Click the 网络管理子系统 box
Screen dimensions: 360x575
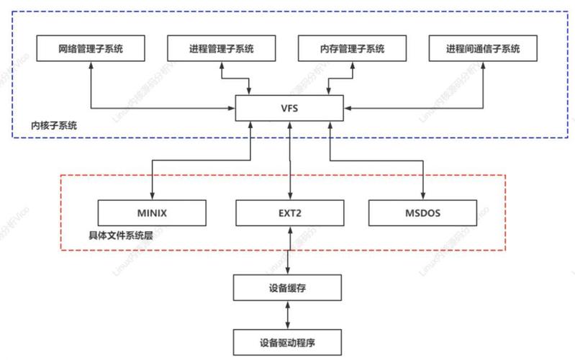[91, 49]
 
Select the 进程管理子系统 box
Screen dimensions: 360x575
[222, 49]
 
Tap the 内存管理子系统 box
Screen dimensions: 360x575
[352, 49]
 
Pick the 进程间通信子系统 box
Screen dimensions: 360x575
[483, 49]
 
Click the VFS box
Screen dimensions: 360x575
[289, 109]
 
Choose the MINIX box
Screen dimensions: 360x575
[152, 212]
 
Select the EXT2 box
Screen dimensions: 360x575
[289, 212]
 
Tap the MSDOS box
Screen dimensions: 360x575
[423, 212]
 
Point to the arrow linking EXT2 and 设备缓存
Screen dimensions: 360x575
[289, 251]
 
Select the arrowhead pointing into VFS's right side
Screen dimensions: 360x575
[347, 109]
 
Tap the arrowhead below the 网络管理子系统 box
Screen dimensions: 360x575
[91, 66]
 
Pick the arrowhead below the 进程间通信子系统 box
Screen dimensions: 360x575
[483, 66]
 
